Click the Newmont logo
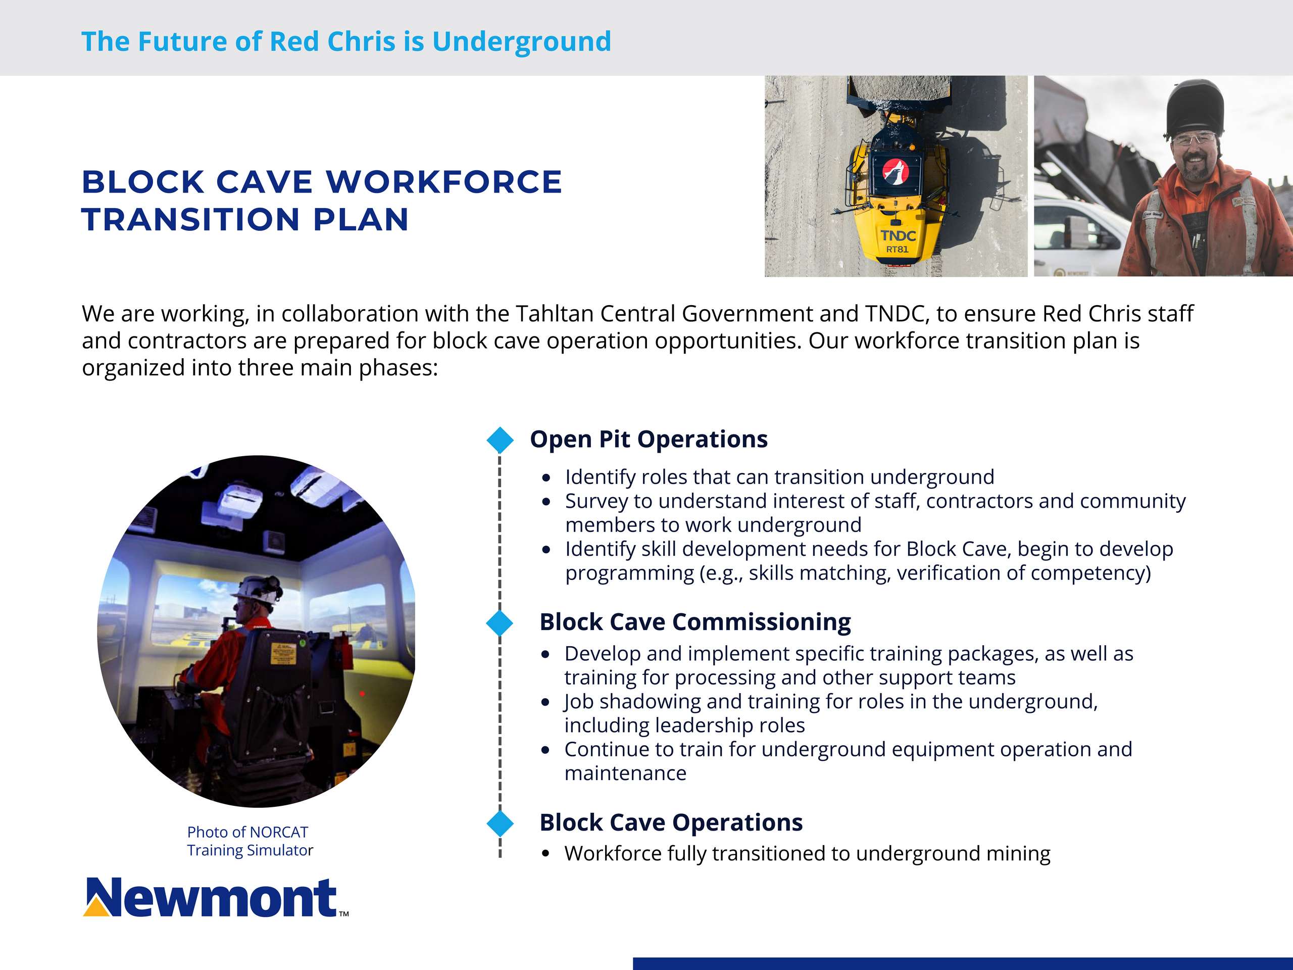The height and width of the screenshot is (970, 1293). tap(216, 897)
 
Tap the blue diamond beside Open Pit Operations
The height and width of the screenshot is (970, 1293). tap(500, 440)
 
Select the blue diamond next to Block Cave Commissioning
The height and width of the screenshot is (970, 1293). tap(500, 623)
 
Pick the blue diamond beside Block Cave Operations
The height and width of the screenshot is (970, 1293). tap(500, 823)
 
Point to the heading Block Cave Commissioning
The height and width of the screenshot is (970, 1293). tap(695, 622)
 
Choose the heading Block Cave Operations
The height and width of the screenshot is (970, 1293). tap(671, 822)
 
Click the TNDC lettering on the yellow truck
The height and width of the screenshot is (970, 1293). tap(899, 235)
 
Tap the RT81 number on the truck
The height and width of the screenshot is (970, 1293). tap(897, 250)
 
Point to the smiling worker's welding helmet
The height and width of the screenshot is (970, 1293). tap(1190, 108)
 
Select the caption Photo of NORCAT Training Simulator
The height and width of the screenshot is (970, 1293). tap(250, 841)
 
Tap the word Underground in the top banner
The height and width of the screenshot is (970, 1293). tap(521, 42)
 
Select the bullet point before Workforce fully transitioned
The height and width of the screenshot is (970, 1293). tap(545, 854)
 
